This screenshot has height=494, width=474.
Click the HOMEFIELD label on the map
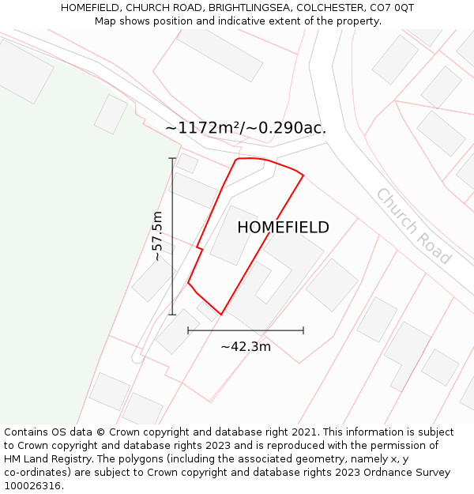click(x=283, y=228)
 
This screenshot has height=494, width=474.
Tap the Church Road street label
click(x=413, y=226)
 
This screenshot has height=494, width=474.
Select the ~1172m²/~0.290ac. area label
click(x=246, y=127)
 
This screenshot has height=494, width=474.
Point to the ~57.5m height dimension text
click(x=157, y=236)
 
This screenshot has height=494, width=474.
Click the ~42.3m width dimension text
click(x=246, y=346)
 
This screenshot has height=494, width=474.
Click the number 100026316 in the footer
click(x=32, y=486)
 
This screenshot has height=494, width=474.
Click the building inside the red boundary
click(x=234, y=236)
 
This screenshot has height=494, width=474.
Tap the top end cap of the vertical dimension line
click(x=172, y=158)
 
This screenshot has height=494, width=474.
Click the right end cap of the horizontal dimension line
click(x=303, y=330)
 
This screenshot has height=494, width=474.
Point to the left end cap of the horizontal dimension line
click(x=188, y=330)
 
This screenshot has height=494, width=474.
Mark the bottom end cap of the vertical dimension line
click(x=172, y=315)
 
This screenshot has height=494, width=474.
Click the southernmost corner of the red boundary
click(x=221, y=315)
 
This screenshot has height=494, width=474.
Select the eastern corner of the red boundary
click(x=303, y=175)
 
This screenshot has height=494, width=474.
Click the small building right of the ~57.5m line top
click(x=187, y=163)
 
